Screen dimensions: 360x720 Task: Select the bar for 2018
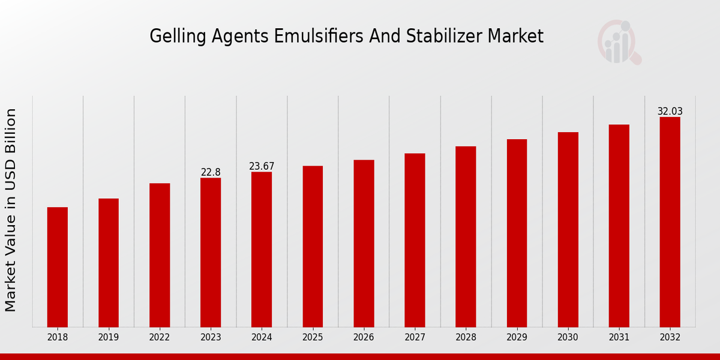point(58,267)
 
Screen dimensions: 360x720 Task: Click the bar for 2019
point(109,263)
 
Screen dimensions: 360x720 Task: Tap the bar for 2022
point(160,255)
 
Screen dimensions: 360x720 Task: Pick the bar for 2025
point(313,246)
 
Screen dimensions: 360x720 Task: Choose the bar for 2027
point(415,240)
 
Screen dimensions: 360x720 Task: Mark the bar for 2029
point(517,233)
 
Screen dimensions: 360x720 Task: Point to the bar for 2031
point(619,226)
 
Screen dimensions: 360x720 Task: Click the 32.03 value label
point(670,112)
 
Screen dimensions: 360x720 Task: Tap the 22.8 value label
point(211,172)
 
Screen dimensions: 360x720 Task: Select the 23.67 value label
point(262,166)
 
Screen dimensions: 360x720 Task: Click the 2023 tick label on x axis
point(211,338)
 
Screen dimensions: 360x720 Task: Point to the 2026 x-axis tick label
point(364,338)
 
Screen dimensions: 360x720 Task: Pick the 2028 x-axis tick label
point(466,338)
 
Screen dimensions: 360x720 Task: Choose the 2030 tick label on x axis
point(568,338)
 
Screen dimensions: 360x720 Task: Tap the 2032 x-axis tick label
point(670,338)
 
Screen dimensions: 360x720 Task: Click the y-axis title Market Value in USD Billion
point(11,210)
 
